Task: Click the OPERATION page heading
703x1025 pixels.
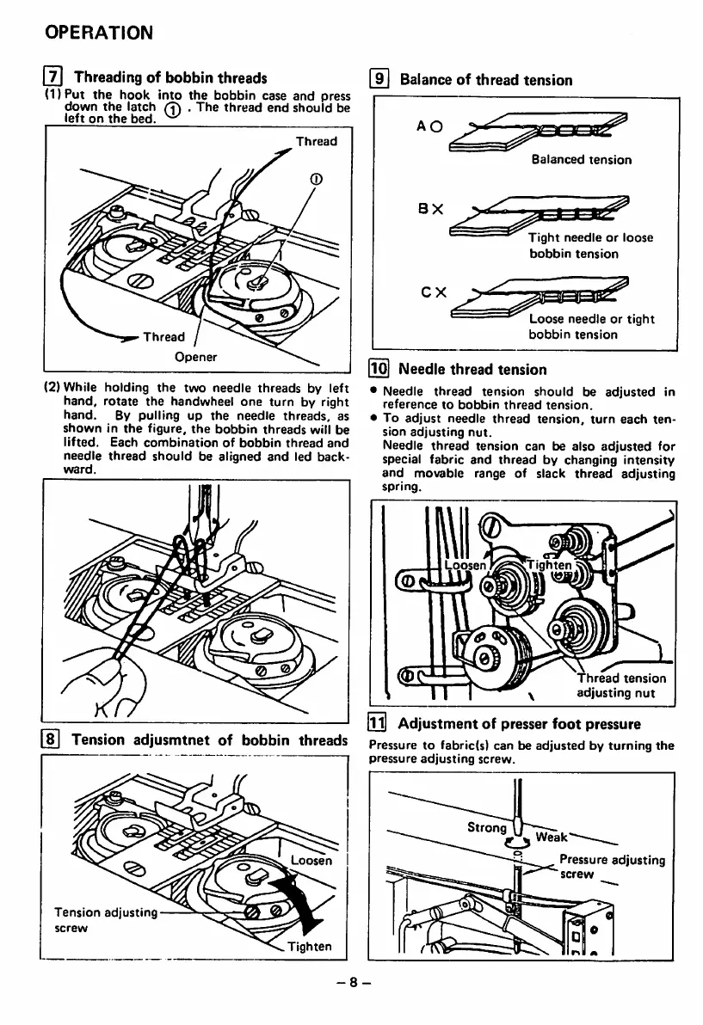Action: click(x=99, y=33)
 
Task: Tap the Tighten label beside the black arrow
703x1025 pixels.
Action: click(x=311, y=948)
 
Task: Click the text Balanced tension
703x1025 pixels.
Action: click(x=581, y=159)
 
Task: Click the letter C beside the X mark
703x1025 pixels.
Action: click(x=422, y=291)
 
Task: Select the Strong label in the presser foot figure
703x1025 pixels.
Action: click(x=485, y=828)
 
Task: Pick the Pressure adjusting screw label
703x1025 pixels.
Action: click(x=611, y=867)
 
